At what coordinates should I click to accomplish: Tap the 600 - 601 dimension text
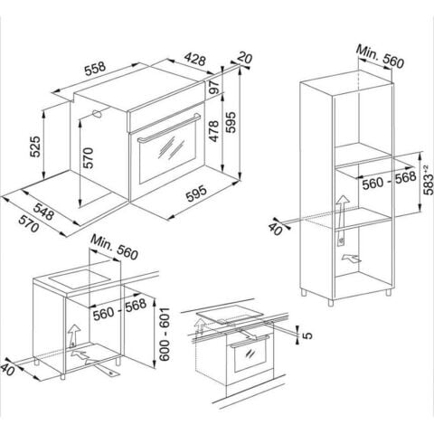[x=165, y=333]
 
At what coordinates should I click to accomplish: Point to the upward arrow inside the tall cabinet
[x=343, y=208]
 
